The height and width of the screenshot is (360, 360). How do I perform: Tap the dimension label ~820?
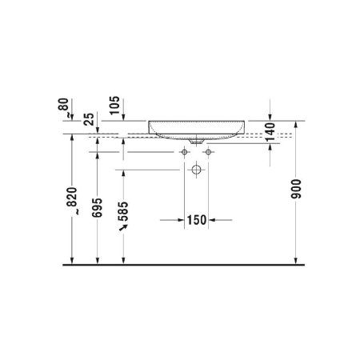[72, 202]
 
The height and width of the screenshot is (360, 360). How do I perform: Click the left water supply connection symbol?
[184, 151]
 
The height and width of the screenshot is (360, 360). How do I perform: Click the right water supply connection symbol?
[209, 151]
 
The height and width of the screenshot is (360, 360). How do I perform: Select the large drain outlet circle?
[197, 170]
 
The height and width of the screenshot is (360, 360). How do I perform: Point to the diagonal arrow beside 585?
[124, 229]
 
